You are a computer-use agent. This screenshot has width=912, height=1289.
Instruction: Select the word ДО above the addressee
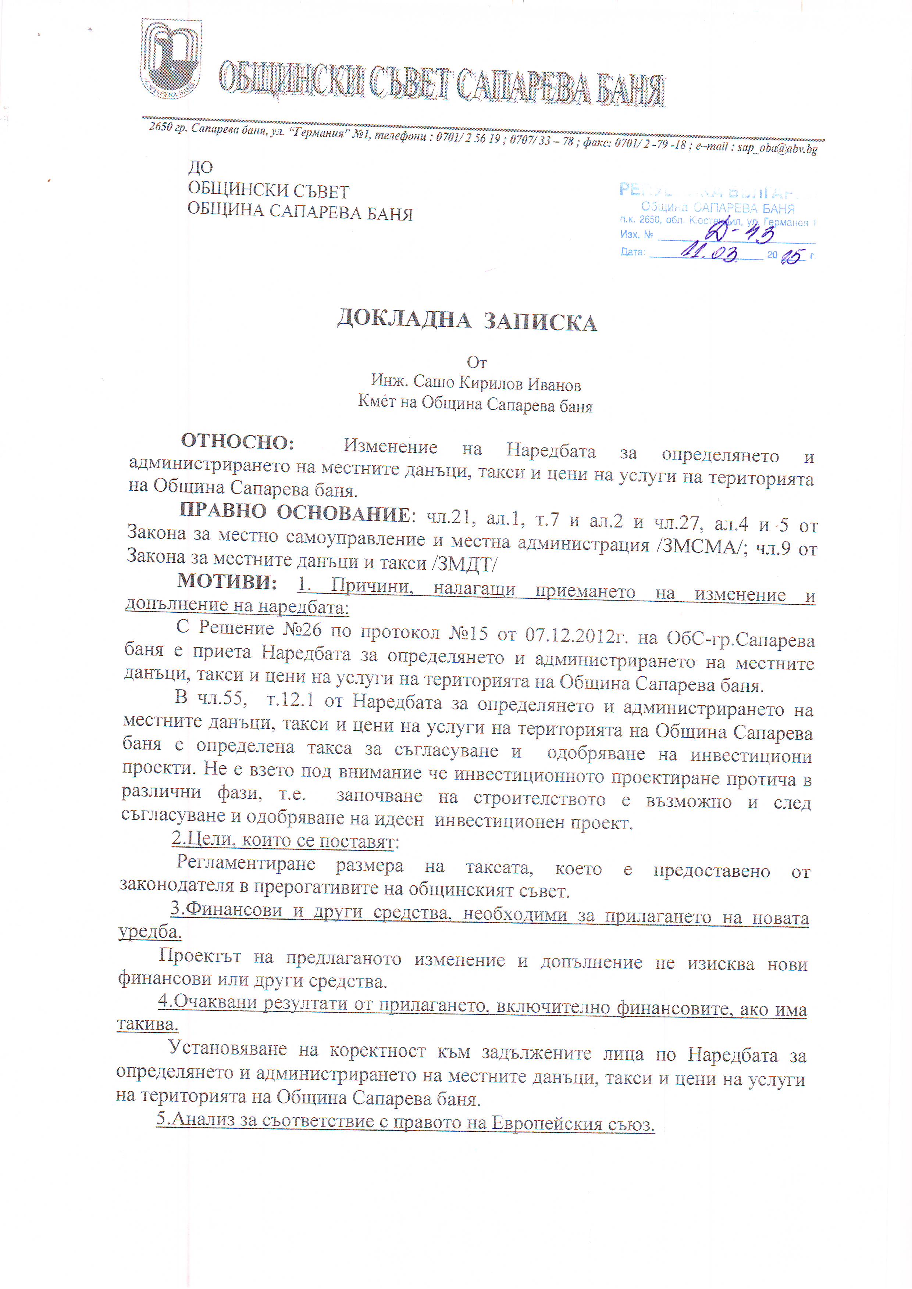[200, 167]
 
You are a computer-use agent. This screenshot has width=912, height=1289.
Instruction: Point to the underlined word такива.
[147, 1024]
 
